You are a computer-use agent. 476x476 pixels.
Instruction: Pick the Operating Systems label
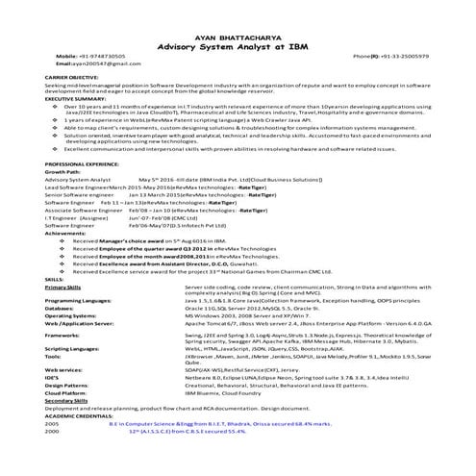pos(70,314)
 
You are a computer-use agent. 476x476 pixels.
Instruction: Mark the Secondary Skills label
pos(66,400)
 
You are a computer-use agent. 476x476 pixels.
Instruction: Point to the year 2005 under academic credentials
pos(52,422)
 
